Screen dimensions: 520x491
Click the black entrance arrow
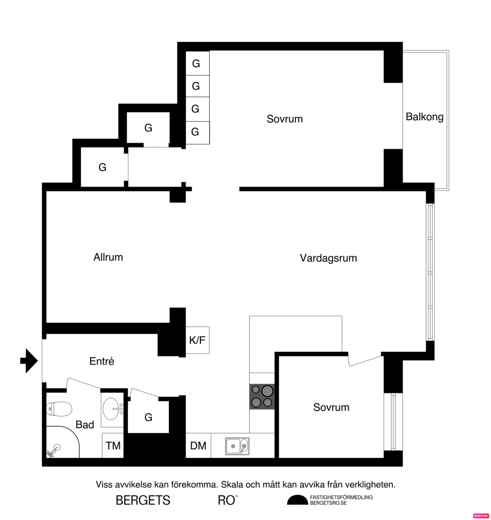[x=29, y=361]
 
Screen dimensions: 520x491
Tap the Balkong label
[x=424, y=117]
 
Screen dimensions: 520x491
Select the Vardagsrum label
[x=328, y=258]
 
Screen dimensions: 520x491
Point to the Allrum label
[x=108, y=257]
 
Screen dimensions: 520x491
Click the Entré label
[x=101, y=361]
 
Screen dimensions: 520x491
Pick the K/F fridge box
[x=197, y=340]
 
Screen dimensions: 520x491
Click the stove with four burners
[x=262, y=396]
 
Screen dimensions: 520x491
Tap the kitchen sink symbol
[x=237, y=446]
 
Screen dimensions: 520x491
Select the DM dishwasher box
[x=198, y=446]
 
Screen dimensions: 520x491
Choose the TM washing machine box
[x=113, y=446]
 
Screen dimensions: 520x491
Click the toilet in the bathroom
[x=59, y=409]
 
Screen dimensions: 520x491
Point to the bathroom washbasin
[x=112, y=409]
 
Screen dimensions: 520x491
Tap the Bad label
[x=85, y=425]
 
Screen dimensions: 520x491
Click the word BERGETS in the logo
[x=143, y=500]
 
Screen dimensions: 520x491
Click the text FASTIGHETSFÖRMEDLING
[x=341, y=497]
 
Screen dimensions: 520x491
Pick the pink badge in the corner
[x=481, y=516]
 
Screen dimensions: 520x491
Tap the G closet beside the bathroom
[x=148, y=417]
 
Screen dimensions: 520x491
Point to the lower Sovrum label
[x=331, y=407]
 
